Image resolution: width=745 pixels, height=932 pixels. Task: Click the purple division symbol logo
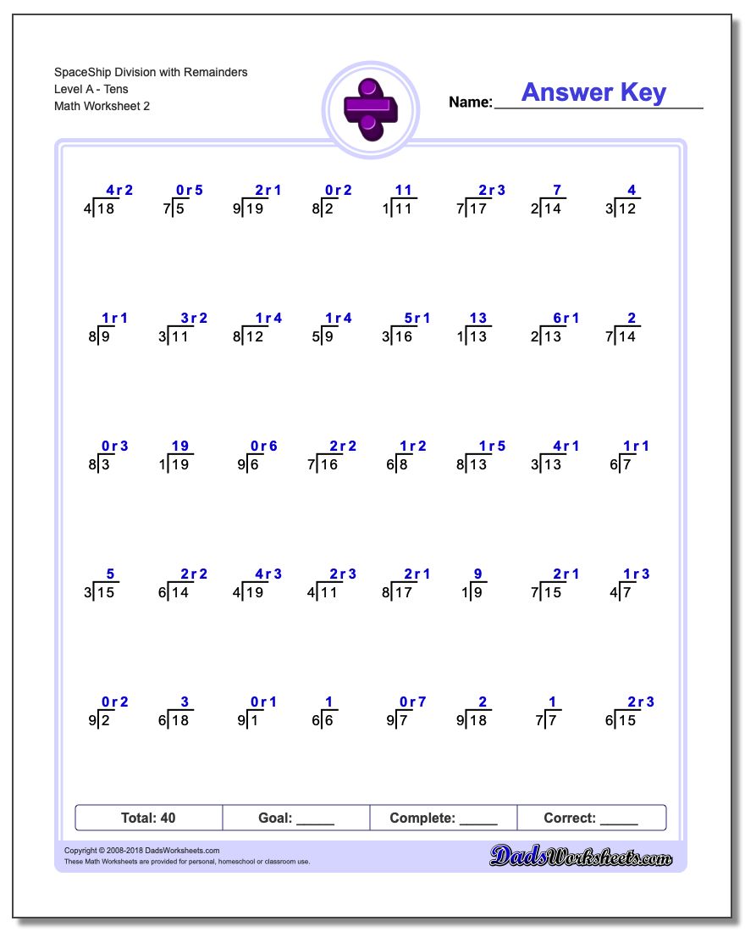(369, 108)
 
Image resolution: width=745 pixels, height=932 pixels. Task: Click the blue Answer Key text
(593, 92)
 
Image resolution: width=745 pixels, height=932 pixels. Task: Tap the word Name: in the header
(470, 103)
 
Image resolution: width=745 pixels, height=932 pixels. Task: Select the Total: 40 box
(149, 818)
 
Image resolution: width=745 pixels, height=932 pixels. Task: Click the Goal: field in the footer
(296, 818)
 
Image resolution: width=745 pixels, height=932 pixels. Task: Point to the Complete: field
(444, 818)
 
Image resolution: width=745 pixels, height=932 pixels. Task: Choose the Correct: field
(591, 818)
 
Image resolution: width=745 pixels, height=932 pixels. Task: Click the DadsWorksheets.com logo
(581, 856)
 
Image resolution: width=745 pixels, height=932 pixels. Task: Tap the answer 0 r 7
(412, 702)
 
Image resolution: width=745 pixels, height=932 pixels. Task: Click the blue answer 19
(179, 447)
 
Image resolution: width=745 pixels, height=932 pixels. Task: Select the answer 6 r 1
(566, 319)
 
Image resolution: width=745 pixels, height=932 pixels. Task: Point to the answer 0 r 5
(189, 191)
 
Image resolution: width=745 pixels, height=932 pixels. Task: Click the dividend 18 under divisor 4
(106, 208)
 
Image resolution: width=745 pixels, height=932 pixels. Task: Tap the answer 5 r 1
(417, 319)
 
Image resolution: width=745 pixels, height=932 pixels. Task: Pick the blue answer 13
(478, 319)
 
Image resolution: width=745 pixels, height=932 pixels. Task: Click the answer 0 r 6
(263, 447)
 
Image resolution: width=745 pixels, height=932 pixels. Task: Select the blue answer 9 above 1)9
(477, 574)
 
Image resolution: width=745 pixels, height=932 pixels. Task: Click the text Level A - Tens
(91, 89)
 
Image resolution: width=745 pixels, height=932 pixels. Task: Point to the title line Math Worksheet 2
(102, 106)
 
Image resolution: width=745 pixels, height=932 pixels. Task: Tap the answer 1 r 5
(492, 447)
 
